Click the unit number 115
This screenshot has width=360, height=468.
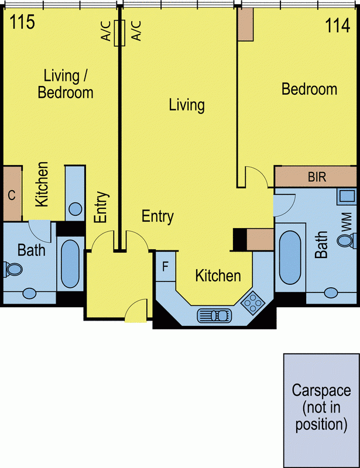22,22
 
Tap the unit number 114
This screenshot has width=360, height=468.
337,25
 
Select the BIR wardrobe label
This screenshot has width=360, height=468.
317,177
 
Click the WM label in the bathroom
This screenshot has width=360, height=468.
347,222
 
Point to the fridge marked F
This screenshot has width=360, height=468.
165,266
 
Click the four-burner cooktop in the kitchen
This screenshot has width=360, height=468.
253,303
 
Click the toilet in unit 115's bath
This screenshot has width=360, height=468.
13,269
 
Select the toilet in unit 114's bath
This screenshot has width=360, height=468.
347,240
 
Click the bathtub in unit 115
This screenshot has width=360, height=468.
70,264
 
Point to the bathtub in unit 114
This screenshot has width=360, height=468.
290,257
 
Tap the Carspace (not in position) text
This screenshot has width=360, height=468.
321,407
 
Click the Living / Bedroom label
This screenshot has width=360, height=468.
66,84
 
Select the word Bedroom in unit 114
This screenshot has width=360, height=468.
310,90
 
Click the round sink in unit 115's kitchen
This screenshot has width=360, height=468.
75,209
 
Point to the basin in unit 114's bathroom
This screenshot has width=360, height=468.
331,293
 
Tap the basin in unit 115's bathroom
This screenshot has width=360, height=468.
30,294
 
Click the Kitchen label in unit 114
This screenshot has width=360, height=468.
218,276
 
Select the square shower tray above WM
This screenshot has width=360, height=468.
347,197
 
